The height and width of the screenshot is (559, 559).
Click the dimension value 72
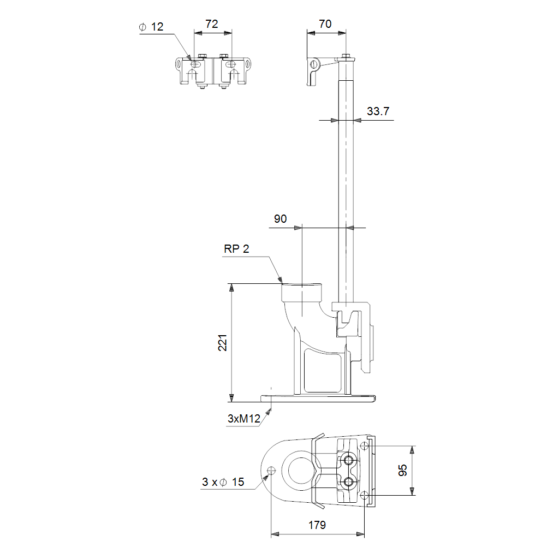point(211,24)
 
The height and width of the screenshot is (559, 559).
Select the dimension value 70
point(325,24)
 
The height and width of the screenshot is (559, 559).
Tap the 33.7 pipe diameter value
point(378,111)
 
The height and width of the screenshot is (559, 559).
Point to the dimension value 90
point(280,218)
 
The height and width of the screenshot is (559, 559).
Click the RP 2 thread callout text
point(236,248)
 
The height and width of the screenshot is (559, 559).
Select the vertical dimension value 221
point(223,343)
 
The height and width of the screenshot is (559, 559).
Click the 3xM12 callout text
point(244,419)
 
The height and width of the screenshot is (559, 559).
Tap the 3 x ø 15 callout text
point(223,482)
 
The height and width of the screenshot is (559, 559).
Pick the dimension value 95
point(402,470)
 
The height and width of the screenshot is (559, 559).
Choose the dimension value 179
point(317,525)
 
